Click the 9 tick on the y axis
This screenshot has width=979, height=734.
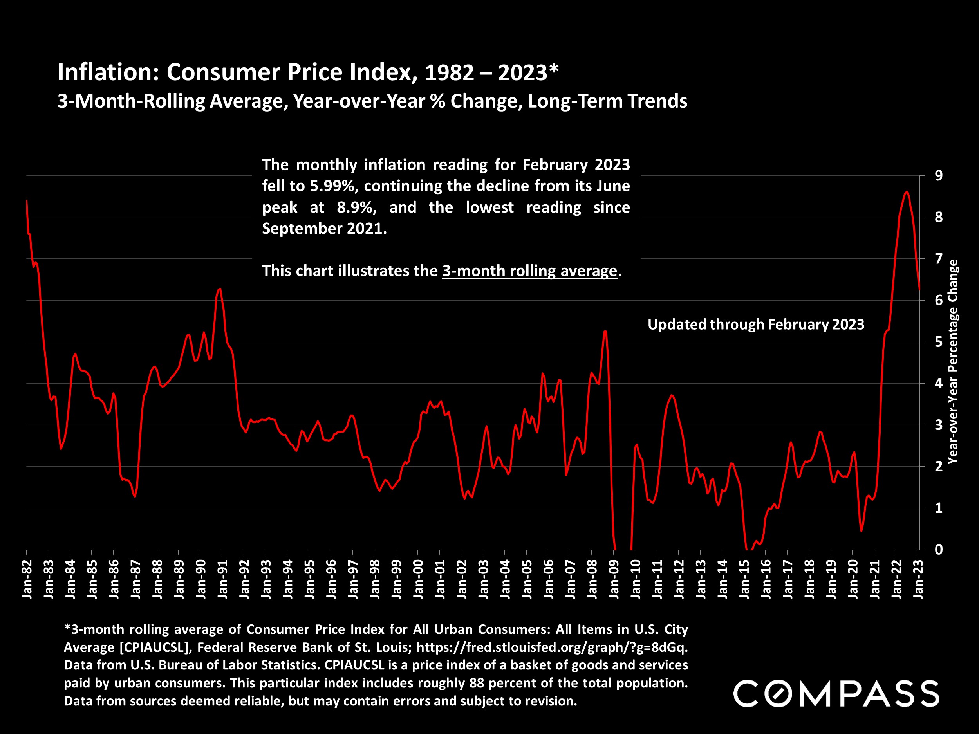(x=938, y=176)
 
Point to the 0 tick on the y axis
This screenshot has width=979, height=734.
(x=938, y=550)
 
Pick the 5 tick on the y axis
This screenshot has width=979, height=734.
(x=938, y=342)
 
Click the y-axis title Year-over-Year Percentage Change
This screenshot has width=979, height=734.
(x=952, y=361)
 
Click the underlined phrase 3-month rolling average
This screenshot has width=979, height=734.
(x=529, y=271)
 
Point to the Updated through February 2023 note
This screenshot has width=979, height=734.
(x=755, y=324)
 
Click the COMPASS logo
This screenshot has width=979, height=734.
(x=836, y=693)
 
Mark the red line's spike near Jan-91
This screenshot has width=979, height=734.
(x=220, y=289)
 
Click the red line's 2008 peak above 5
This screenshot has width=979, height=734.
(x=605, y=332)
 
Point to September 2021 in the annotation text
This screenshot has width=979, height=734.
(x=324, y=228)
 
